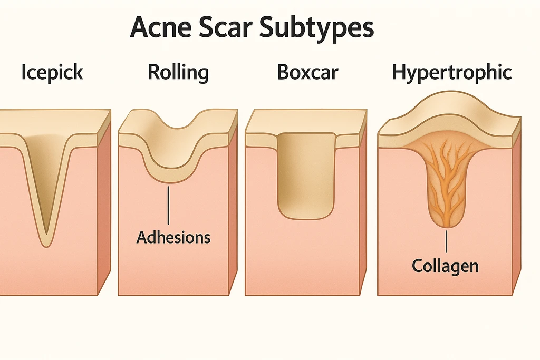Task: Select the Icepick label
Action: tap(52, 73)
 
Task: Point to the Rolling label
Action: tap(178, 73)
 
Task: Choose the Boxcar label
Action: tap(307, 72)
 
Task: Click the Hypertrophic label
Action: tap(452, 73)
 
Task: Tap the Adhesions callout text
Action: tap(173, 238)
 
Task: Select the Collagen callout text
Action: tap(445, 266)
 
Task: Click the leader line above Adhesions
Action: tap(168, 205)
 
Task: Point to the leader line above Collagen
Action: tap(446, 241)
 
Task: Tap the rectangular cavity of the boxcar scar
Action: tap(306, 176)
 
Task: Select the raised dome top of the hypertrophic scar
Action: tap(450, 103)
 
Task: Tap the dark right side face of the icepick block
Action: tap(104, 207)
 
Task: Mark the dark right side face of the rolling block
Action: tap(233, 207)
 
